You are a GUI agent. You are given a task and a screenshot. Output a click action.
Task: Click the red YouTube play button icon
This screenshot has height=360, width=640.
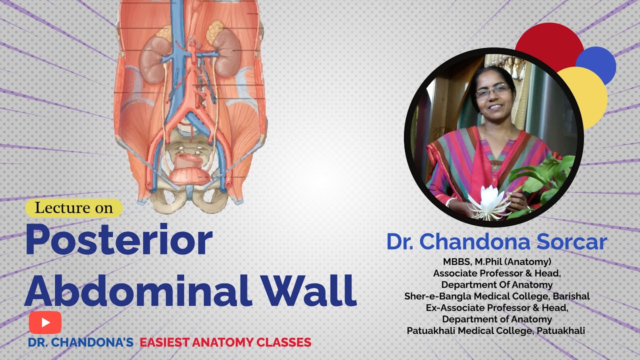click(45, 322)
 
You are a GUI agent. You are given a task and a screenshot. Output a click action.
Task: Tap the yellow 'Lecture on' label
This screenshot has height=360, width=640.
click(74, 208)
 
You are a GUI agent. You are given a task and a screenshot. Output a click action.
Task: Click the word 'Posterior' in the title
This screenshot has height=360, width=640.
click(119, 240)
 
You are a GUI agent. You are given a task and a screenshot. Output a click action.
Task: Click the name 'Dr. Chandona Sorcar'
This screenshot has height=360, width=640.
click(496, 242)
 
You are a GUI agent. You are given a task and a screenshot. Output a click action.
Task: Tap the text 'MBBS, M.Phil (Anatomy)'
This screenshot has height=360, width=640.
click(496, 261)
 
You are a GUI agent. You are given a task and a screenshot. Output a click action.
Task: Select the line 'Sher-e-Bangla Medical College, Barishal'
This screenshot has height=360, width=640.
click(496, 296)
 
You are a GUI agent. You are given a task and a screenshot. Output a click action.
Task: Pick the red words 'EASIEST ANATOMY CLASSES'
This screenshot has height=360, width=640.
click(225, 342)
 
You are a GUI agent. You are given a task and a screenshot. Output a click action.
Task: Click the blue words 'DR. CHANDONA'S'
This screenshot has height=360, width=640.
click(81, 342)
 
